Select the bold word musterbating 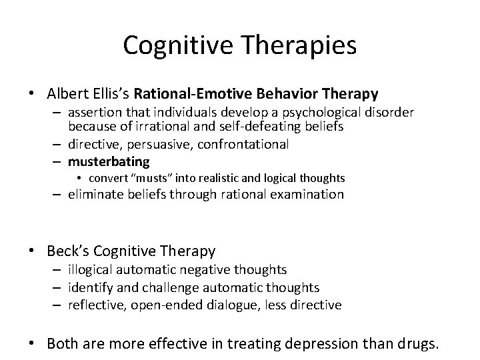click(x=108, y=161)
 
